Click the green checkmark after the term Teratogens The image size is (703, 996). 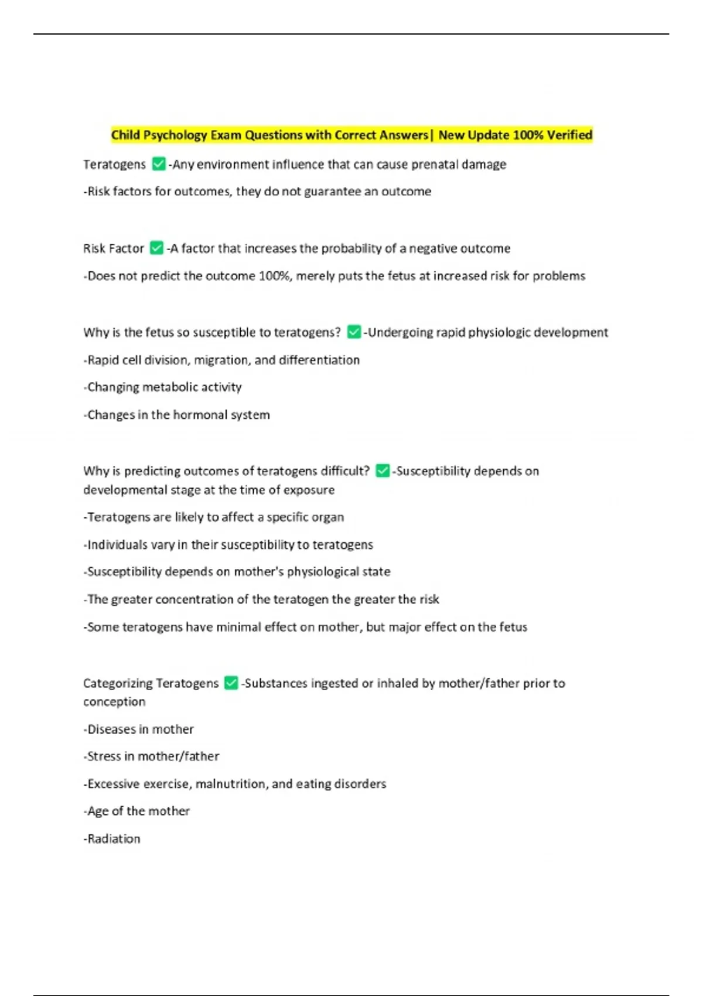(x=158, y=164)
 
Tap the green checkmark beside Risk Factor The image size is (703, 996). (x=156, y=248)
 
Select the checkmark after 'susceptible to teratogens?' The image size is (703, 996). (x=354, y=332)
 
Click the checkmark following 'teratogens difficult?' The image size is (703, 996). (x=383, y=470)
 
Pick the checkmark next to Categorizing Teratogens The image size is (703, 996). (x=231, y=683)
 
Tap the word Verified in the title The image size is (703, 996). (x=569, y=135)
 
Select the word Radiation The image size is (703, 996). (x=114, y=839)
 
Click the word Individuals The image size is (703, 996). (x=117, y=545)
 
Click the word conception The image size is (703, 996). (x=114, y=702)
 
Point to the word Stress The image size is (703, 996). (x=104, y=756)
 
